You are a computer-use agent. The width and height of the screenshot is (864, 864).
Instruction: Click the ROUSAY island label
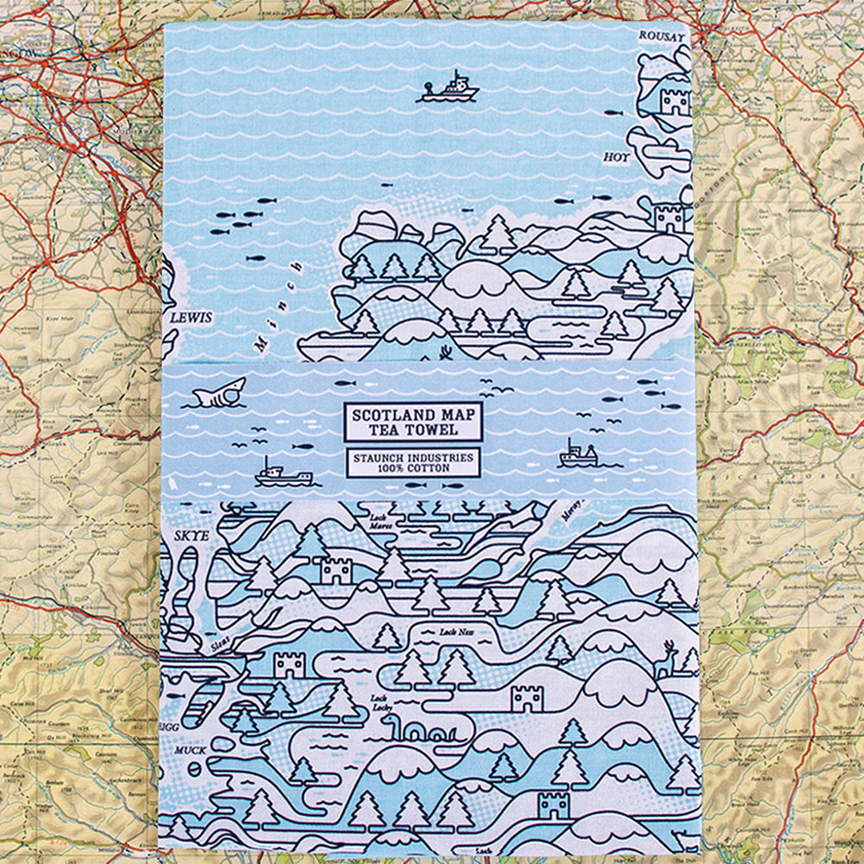tap(661, 37)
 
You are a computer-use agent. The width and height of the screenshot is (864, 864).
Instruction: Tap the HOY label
tap(616, 158)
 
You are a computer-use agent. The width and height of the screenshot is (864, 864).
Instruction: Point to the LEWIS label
tap(191, 318)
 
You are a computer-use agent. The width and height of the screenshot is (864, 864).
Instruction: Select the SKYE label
tap(192, 536)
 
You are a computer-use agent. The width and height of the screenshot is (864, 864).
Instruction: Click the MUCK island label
tap(190, 751)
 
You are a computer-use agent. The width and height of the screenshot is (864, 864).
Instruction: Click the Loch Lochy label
tap(380, 703)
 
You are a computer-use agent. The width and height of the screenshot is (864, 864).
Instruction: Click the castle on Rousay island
tap(675, 101)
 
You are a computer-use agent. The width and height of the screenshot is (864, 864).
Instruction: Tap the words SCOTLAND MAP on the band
tap(413, 416)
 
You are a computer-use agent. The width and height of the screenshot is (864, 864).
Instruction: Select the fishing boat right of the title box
tap(576, 455)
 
